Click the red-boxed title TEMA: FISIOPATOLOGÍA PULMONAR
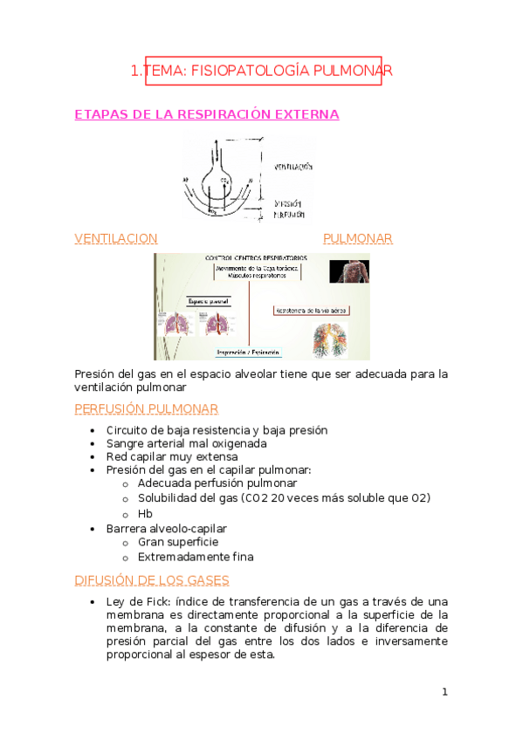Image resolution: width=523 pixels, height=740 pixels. point(262,71)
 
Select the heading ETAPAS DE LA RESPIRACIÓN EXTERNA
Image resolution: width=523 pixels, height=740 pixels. point(207,115)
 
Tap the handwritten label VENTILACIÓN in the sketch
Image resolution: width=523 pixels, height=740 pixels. point(292,166)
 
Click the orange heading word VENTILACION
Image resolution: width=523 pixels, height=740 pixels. point(116,238)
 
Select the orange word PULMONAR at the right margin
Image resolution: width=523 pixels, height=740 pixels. point(357,238)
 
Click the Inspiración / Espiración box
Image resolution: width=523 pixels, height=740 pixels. point(249,353)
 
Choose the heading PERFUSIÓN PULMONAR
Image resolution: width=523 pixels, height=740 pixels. point(147,409)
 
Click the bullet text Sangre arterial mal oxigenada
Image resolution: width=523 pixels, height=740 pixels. point(186,443)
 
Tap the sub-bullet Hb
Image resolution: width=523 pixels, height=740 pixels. point(145,514)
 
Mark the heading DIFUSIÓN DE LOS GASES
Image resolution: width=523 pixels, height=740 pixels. point(152,579)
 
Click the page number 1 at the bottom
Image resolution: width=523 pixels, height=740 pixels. point(444,692)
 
